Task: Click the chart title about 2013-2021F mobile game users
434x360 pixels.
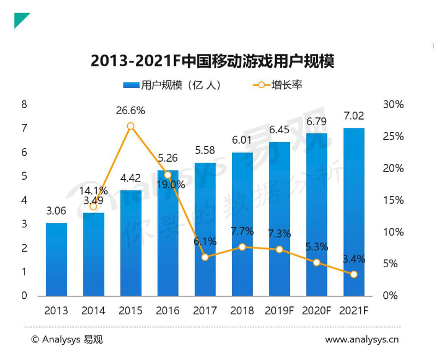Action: [x=212, y=61]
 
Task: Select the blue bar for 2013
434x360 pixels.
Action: [x=56, y=259]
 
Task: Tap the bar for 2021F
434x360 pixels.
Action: [x=354, y=212]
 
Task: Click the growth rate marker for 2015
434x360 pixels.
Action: [x=130, y=127]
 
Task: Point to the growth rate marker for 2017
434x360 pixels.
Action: [x=205, y=257]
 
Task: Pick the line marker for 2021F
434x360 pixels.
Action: [x=354, y=274]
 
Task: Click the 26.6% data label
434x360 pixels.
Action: [x=130, y=111]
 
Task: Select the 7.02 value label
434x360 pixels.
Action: [x=354, y=116]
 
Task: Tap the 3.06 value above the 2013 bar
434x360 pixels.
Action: [x=56, y=211]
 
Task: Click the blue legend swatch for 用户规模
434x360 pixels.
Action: [x=131, y=85]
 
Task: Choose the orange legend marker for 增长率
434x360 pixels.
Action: [x=261, y=85]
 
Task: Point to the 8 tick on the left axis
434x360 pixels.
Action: [x=25, y=104]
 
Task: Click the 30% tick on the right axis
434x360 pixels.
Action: [x=393, y=104]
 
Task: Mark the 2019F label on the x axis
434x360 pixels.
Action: [x=280, y=311]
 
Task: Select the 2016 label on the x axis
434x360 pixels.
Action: [x=168, y=311]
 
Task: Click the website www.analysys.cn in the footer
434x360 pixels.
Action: [x=362, y=339]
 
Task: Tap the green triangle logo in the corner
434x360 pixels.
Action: [x=20, y=19]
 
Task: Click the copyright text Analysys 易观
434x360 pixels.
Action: [x=67, y=339]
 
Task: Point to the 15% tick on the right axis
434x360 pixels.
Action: [x=393, y=200]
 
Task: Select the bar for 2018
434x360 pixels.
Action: [x=242, y=225]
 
